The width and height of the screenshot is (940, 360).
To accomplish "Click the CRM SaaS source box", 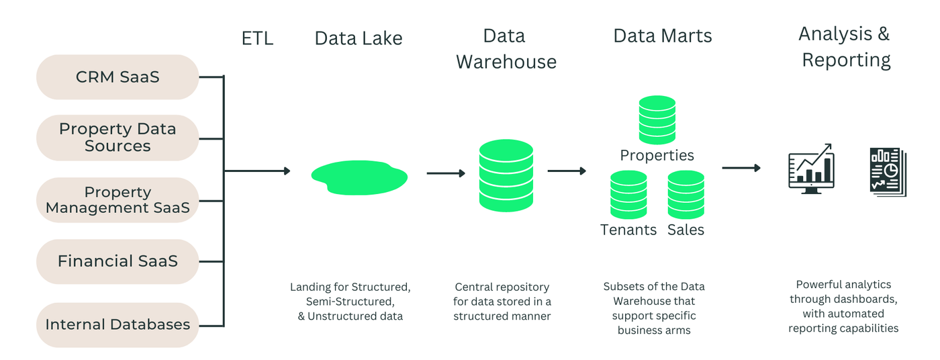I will [x=117, y=77].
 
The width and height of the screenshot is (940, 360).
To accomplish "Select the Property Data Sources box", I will [x=117, y=138].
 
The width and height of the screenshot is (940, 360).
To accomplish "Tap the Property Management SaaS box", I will [x=117, y=200].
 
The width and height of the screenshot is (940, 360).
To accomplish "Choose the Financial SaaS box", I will [x=117, y=261].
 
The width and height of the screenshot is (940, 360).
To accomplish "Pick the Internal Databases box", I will [x=117, y=324].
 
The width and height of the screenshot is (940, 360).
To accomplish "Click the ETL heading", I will [x=257, y=39].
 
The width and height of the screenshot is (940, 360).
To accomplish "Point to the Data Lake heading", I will [x=359, y=38].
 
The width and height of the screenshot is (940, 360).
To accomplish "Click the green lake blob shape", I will [x=359, y=177].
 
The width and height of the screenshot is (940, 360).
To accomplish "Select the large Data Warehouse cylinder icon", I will [x=506, y=175].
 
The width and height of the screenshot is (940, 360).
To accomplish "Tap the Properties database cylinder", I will [x=657, y=120].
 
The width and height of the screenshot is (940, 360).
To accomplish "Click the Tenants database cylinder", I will [x=628, y=195].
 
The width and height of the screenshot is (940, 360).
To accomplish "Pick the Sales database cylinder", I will [x=686, y=195].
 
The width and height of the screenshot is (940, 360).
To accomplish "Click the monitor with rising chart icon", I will [x=811, y=169].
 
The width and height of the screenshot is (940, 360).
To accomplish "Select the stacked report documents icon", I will [x=888, y=172].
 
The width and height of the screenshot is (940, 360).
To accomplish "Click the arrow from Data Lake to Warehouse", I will [x=446, y=173].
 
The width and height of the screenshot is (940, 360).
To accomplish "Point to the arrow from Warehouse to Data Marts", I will [x=567, y=171].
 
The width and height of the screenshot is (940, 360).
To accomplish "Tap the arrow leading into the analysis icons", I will [x=741, y=168].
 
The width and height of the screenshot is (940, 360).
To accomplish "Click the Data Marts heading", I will [x=663, y=36].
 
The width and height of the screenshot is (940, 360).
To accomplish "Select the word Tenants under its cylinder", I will [x=628, y=230].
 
